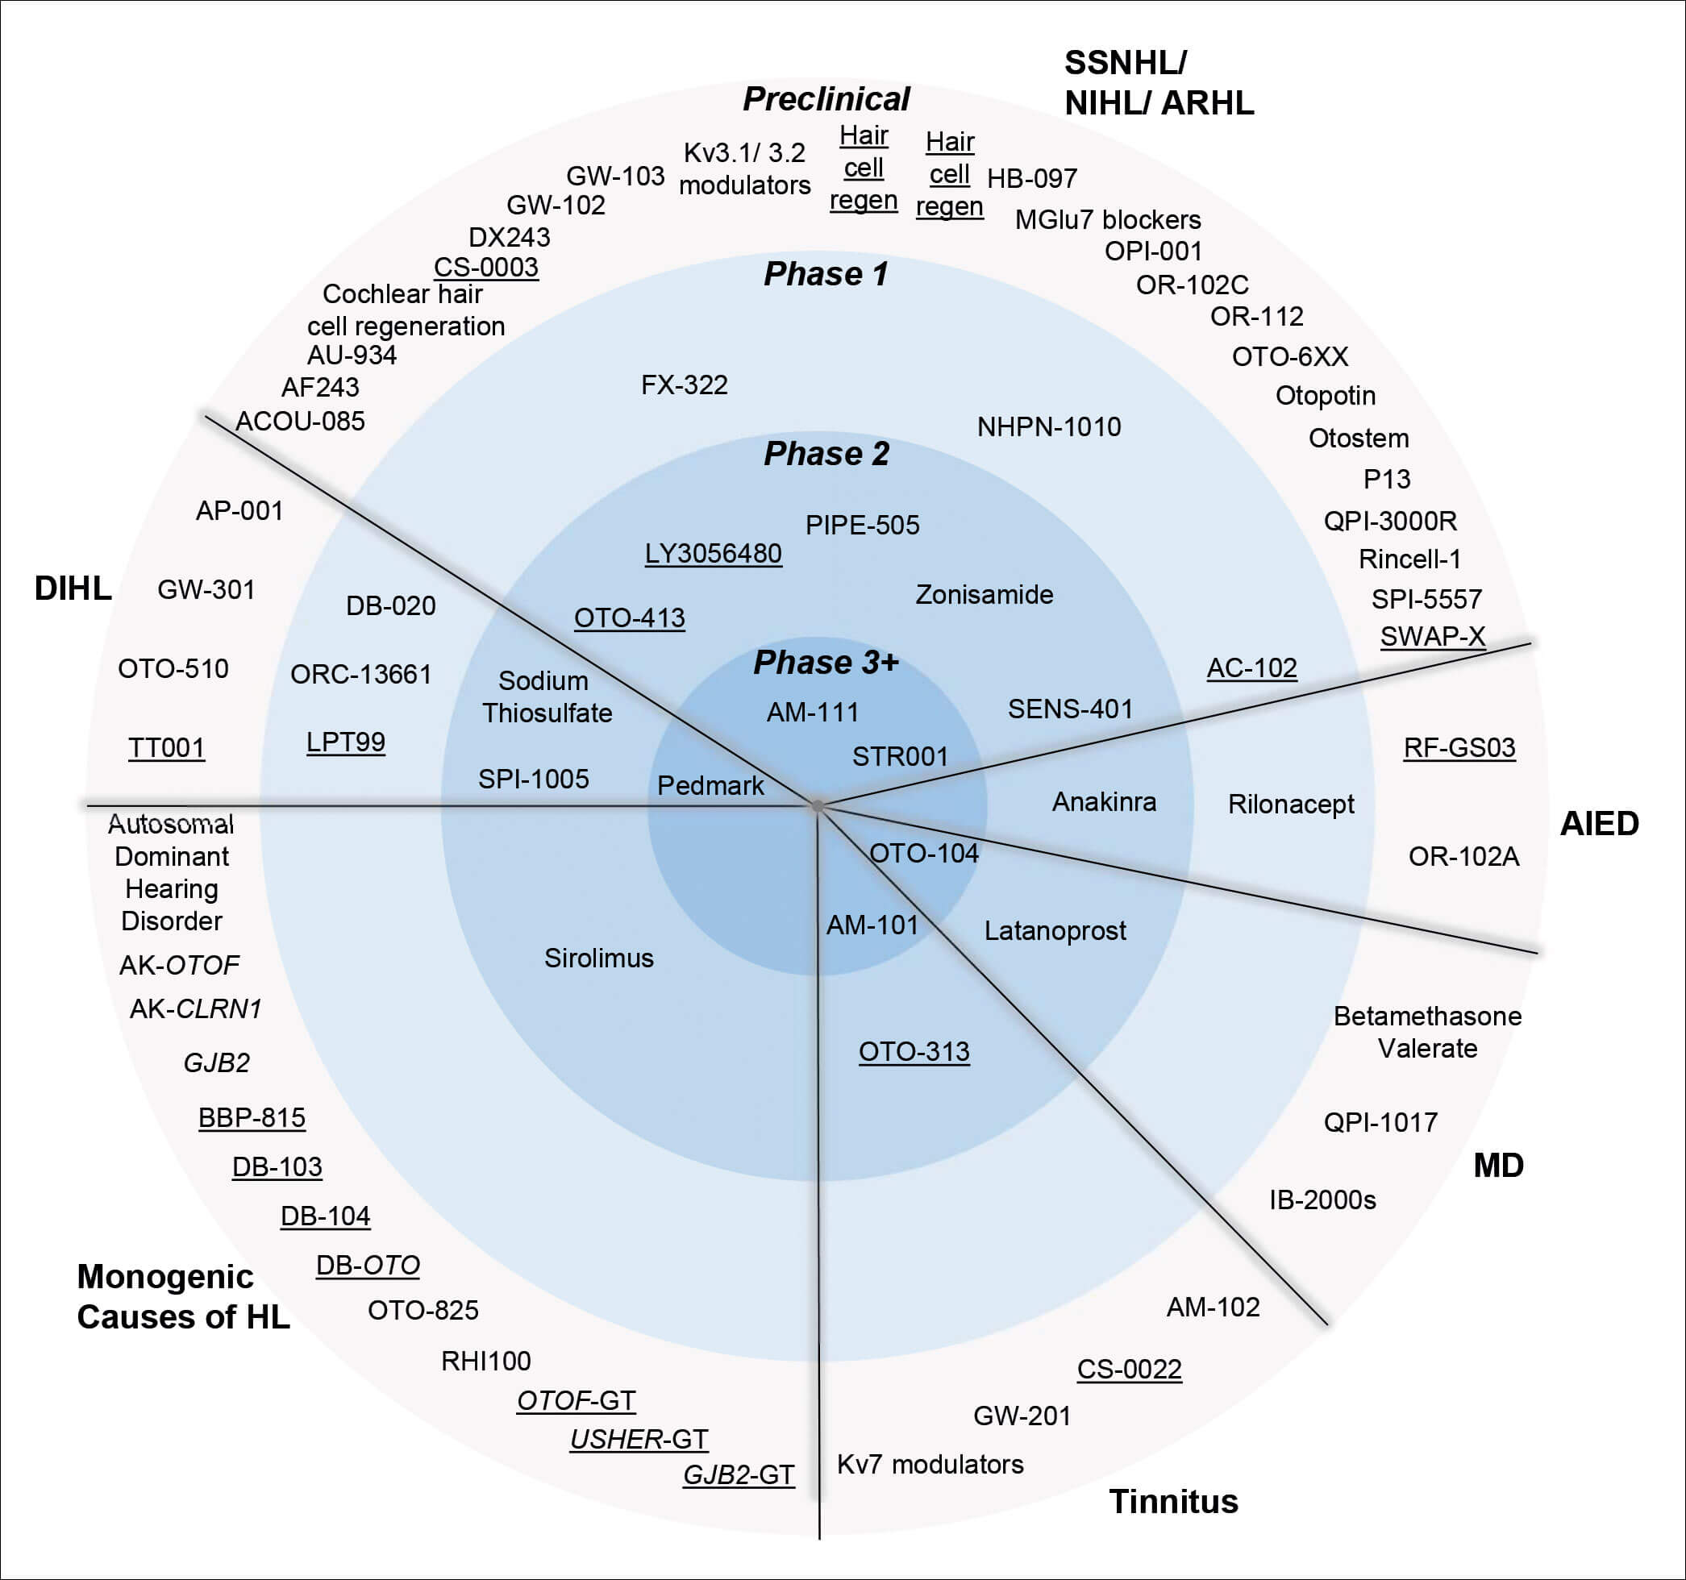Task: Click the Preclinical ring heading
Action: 826,99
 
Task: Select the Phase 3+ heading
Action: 825,663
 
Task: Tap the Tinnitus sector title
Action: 1173,1502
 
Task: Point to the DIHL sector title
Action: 73,588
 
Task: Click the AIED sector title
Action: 1600,824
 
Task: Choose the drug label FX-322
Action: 684,385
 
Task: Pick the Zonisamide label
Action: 984,594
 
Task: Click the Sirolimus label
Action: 599,958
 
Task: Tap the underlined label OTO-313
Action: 914,1052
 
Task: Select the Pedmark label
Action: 710,785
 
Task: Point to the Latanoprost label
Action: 1054,931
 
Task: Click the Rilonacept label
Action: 1291,804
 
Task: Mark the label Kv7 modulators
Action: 930,1465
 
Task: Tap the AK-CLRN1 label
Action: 195,1008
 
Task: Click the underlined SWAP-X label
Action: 1433,636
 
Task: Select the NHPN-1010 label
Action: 1048,426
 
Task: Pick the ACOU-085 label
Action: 300,422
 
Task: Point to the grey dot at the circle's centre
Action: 818,805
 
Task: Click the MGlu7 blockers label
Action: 1108,219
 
